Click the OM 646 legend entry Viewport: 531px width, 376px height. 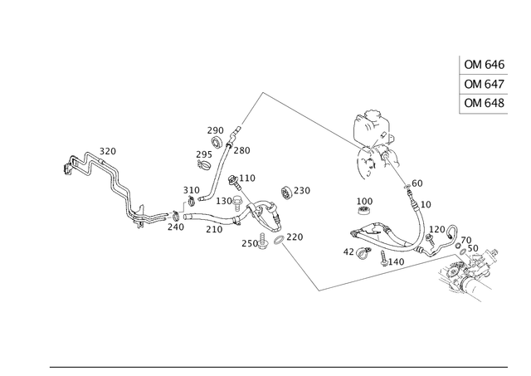(x=485, y=65)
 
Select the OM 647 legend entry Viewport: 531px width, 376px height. (x=485, y=84)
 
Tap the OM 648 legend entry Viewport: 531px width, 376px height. (x=485, y=102)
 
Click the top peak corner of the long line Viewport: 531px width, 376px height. (x=262, y=91)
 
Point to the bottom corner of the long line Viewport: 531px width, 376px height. (x=319, y=291)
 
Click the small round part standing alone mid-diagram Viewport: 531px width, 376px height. (x=285, y=193)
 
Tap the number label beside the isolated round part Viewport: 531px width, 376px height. (x=303, y=190)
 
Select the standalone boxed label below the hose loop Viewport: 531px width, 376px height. (x=363, y=201)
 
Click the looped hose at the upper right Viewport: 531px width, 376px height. (x=371, y=125)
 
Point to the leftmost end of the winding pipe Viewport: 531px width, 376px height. (x=66, y=167)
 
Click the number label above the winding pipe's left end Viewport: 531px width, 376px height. (x=108, y=149)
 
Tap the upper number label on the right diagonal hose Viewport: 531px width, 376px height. (x=417, y=182)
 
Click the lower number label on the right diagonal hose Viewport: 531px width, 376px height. (x=426, y=203)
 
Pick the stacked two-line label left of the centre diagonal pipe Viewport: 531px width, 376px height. (x=201, y=159)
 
